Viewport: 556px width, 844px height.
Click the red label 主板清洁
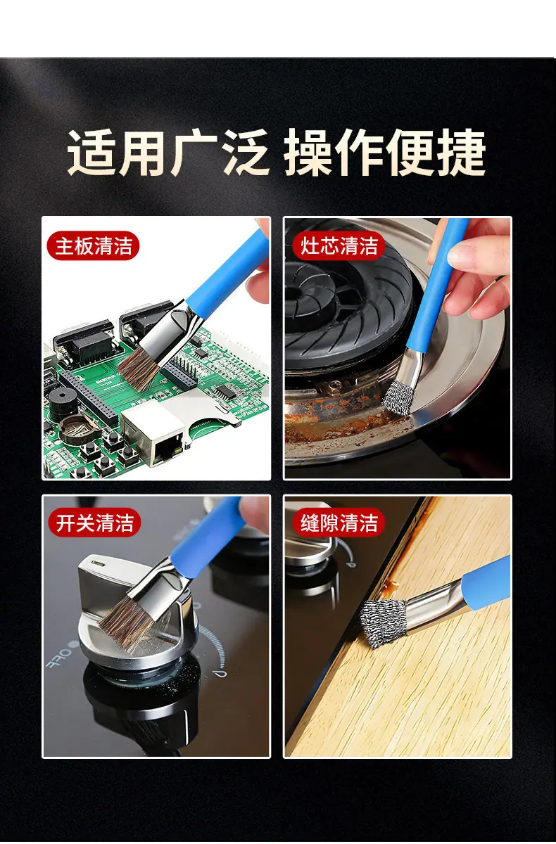click(x=93, y=245)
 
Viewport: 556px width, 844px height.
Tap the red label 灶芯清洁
click(x=339, y=245)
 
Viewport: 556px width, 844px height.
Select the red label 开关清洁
click(x=94, y=523)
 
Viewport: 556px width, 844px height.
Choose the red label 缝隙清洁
click(x=339, y=523)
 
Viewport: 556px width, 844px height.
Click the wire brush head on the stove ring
click(x=398, y=397)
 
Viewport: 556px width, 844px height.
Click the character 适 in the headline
click(x=91, y=153)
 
